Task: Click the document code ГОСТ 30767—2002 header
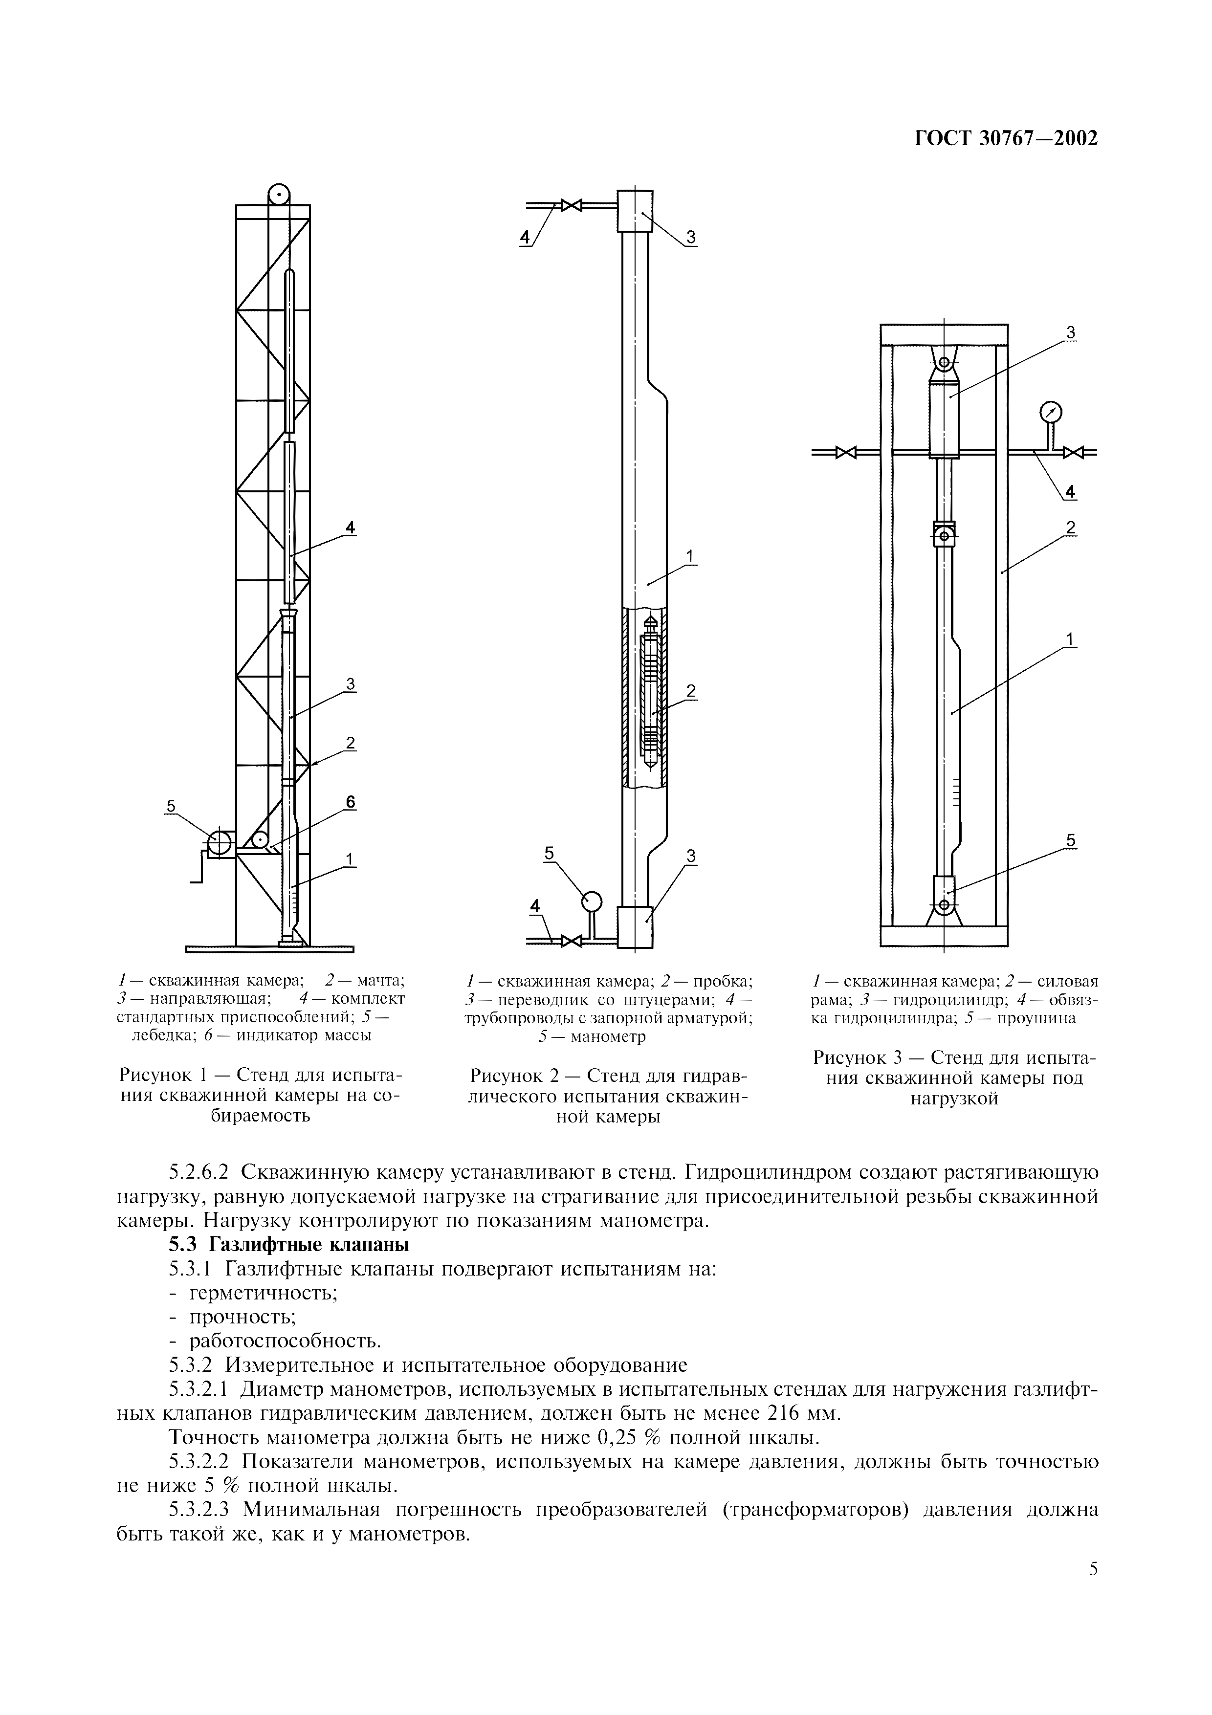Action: click(x=1006, y=139)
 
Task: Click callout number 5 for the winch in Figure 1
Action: click(x=171, y=806)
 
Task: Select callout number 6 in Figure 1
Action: click(x=350, y=802)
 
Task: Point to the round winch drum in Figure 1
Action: click(x=219, y=842)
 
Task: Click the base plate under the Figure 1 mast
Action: click(x=269, y=949)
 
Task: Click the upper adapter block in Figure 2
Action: click(x=635, y=211)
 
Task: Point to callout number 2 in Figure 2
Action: click(x=691, y=692)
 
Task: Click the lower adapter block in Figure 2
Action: click(x=635, y=926)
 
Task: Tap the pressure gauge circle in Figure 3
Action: click(x=1051, y=412)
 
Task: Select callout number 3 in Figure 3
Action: click(x=1070, y=333)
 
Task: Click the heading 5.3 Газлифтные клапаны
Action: click(x=288, y=1244)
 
